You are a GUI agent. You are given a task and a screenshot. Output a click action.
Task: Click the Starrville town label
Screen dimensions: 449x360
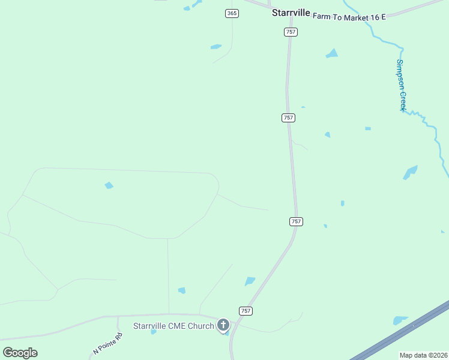pos(291,12)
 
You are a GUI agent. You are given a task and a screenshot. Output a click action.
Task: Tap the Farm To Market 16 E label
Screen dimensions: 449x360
pos(349,17)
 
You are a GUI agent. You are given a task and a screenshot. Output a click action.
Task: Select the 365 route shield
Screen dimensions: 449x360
pos(232,13)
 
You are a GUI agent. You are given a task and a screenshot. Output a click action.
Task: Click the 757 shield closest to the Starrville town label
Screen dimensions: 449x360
pos(291,32)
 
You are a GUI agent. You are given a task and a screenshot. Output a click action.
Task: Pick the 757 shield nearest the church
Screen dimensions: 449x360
pos(246,311)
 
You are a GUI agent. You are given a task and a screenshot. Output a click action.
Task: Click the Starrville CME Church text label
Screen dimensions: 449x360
pos(173,326)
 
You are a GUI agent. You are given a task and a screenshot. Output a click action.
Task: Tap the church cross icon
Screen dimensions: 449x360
pos(223,326)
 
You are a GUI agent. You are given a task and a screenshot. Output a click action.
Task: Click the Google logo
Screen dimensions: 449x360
pos(20,353)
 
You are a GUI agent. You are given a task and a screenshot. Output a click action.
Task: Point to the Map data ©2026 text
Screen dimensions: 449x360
pos(424,355)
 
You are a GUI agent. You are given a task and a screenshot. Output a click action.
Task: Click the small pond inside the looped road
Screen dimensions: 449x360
pos(109,185)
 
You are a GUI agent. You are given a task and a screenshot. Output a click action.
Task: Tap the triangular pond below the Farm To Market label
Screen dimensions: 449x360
pos(332,53)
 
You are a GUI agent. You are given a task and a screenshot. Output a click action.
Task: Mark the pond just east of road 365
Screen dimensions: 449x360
pos(216,46)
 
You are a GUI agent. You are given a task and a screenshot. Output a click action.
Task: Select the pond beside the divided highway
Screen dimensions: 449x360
pos(400,320)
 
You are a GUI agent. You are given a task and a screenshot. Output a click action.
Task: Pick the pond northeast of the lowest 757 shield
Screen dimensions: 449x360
pos(250,281)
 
